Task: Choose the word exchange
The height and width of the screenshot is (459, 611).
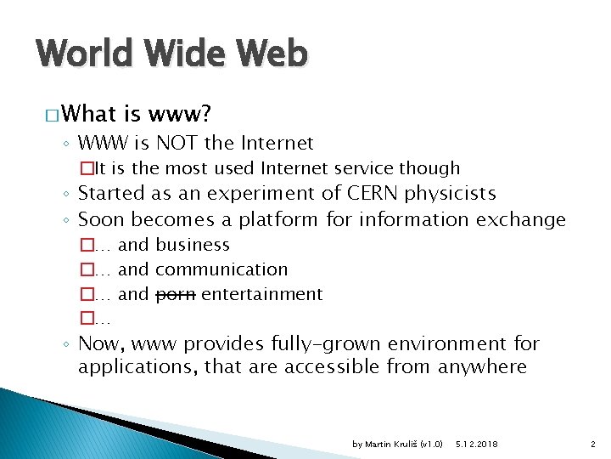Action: coord(520,219)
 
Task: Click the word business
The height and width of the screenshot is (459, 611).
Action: coord(193,245)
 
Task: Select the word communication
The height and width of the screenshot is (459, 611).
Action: coord(221,269)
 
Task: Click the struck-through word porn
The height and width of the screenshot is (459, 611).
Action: coord(177,294)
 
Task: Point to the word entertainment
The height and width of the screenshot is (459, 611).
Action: coord(262,294)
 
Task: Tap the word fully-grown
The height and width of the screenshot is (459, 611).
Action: coord(326,343)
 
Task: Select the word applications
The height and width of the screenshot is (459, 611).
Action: coord(131,367)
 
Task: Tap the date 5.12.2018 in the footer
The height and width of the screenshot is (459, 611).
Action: coord(477,445)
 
